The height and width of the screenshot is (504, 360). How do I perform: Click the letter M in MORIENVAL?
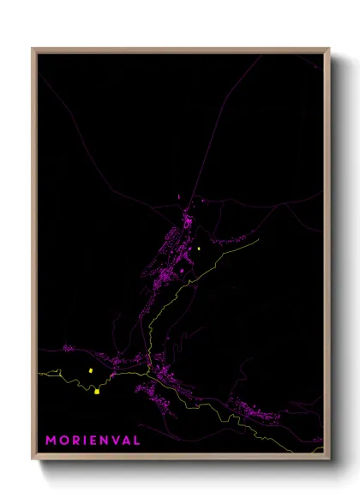(x=51, y=440)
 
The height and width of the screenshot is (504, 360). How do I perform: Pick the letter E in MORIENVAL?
(x=92, y=440)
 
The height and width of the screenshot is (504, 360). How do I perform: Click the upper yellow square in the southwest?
(x=89, y=370)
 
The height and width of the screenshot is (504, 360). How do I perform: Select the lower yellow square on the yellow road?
(x=98, y=391)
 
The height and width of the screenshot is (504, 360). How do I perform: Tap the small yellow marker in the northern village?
(x=198, y=249)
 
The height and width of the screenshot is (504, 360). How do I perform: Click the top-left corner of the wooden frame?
(x=33, y=48)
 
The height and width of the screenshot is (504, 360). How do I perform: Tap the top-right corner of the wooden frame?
(x=330, y=48)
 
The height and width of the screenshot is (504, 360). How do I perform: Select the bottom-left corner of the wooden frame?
(x=33, y=460)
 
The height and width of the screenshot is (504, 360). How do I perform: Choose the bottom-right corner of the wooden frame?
(x=330, y=460)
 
